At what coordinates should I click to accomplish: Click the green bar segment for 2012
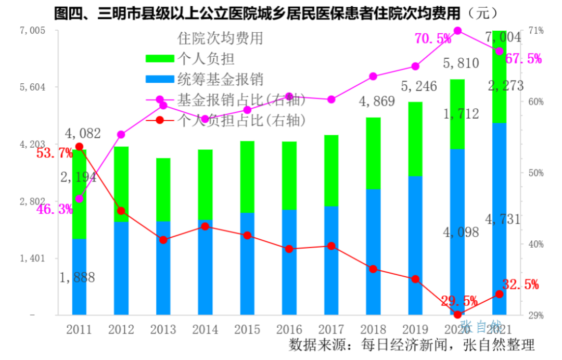coord(121,184)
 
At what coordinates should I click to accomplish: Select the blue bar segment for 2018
coord(373,252)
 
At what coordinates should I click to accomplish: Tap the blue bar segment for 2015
coord(247,263)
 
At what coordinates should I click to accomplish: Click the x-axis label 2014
coord(205,329)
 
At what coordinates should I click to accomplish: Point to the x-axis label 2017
coord(331,329)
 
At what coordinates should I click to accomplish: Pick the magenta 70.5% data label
coord(433,38)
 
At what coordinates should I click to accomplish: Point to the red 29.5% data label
coord(459,301)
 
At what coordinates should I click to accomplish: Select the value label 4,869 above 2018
coord(377,101)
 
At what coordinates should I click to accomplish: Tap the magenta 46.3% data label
coord(55,210)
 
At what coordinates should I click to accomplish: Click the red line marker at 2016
coord(289,249)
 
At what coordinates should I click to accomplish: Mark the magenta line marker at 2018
coord(373,76)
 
